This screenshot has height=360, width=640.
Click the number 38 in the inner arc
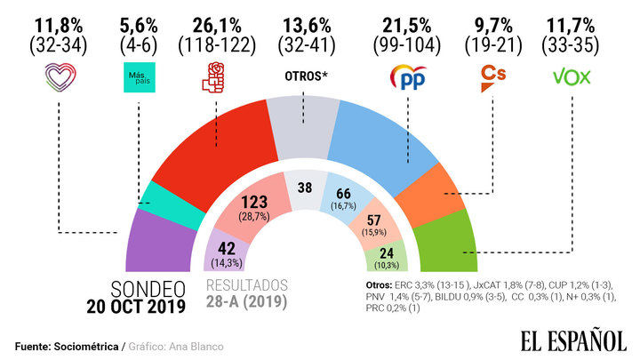(306, 189)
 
